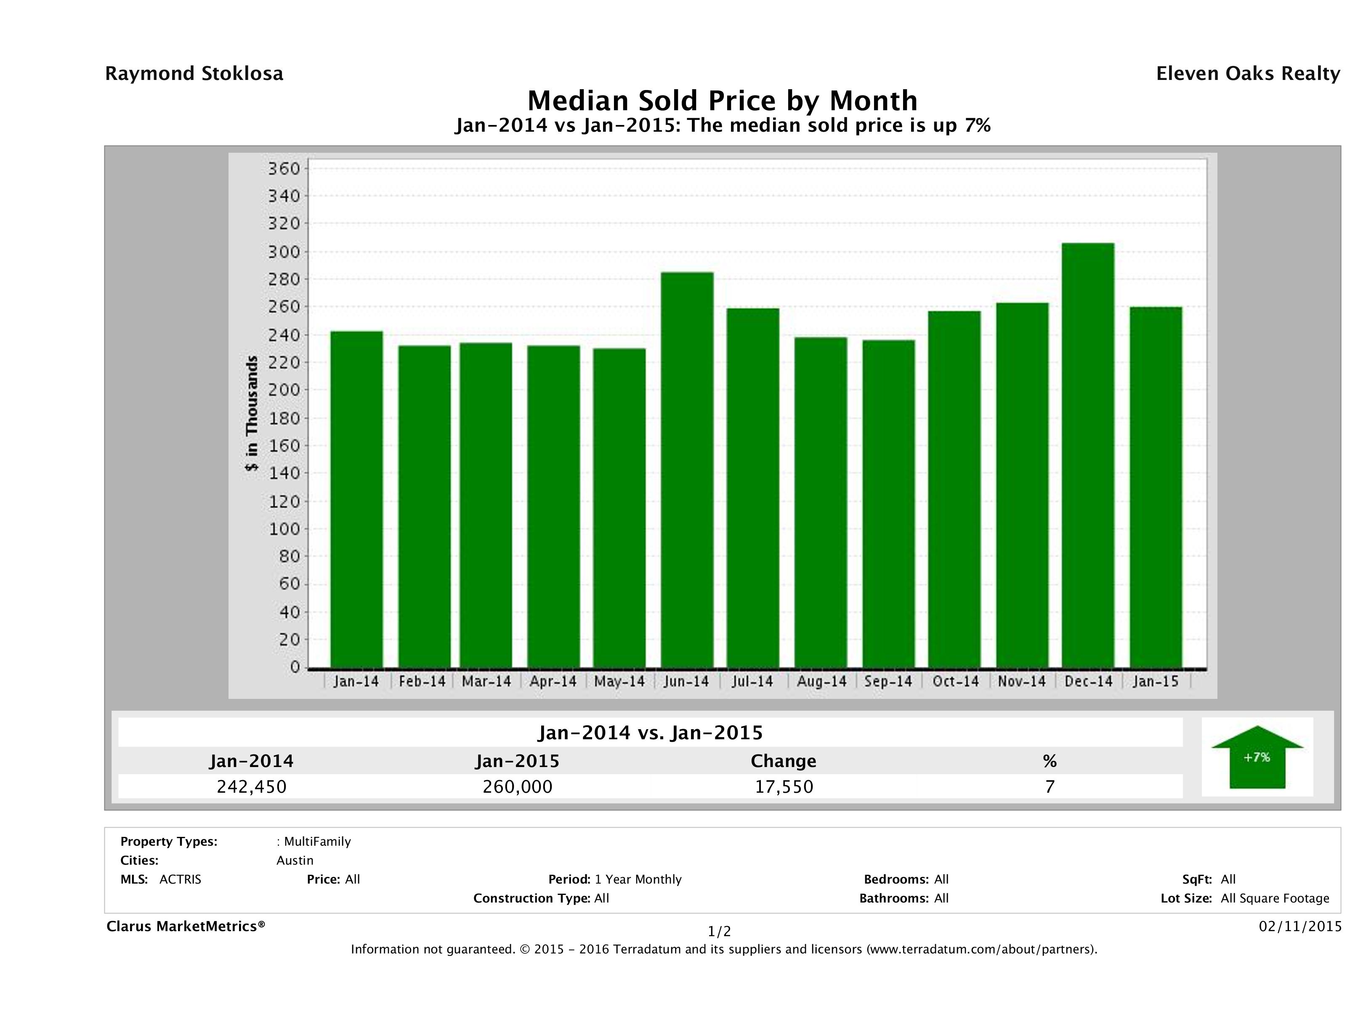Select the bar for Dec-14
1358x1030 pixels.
[1087, 454]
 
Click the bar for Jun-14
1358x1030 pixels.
[687, 470]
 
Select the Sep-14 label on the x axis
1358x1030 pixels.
[888, 681]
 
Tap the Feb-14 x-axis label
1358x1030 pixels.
[422, 681]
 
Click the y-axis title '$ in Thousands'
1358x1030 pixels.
[252, 413]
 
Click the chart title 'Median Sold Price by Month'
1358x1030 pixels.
[722, 100]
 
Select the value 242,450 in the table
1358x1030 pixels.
[252, 786]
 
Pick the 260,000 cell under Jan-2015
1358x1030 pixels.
[518, 786]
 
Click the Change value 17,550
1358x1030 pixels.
[784, 786]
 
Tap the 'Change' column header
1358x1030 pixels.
[784, 761]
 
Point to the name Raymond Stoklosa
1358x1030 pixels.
[194, 74]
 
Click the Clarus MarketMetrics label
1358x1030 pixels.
[186, 926]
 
